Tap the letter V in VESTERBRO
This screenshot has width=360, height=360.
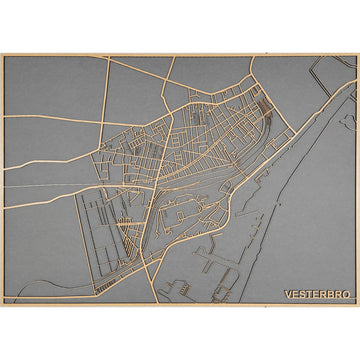(286, 295)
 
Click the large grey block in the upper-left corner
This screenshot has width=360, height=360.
(50, 95)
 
